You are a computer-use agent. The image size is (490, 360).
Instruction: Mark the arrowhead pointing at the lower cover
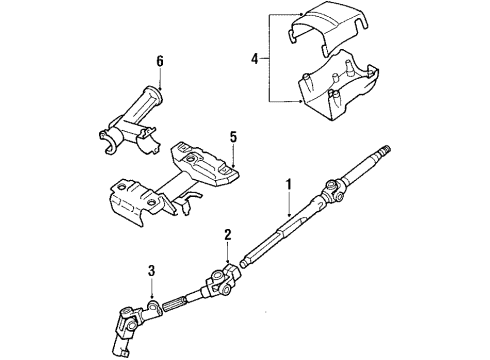tap(298, 101)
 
